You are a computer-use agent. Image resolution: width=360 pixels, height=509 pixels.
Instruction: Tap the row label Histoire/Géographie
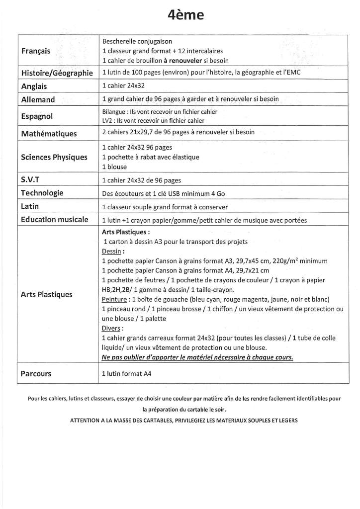coord(57,73)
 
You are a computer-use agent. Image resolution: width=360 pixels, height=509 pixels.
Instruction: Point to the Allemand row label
coord(38,99)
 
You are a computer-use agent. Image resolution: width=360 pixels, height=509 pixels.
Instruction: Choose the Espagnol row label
coord(38,116)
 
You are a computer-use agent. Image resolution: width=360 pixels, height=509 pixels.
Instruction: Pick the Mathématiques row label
coord(49,134)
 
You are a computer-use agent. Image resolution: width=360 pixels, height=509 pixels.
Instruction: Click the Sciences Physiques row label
coord(54,157)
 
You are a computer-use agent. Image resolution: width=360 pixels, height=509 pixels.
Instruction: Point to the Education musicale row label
coord(55,219)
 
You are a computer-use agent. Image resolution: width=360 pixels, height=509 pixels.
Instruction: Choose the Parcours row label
coord(36,373)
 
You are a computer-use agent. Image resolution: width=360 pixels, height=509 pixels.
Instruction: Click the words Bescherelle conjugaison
coord(137,42)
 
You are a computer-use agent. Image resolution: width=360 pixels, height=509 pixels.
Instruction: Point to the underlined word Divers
coord(111,328)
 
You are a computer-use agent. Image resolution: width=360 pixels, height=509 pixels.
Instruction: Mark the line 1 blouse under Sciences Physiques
coord(114,167)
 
